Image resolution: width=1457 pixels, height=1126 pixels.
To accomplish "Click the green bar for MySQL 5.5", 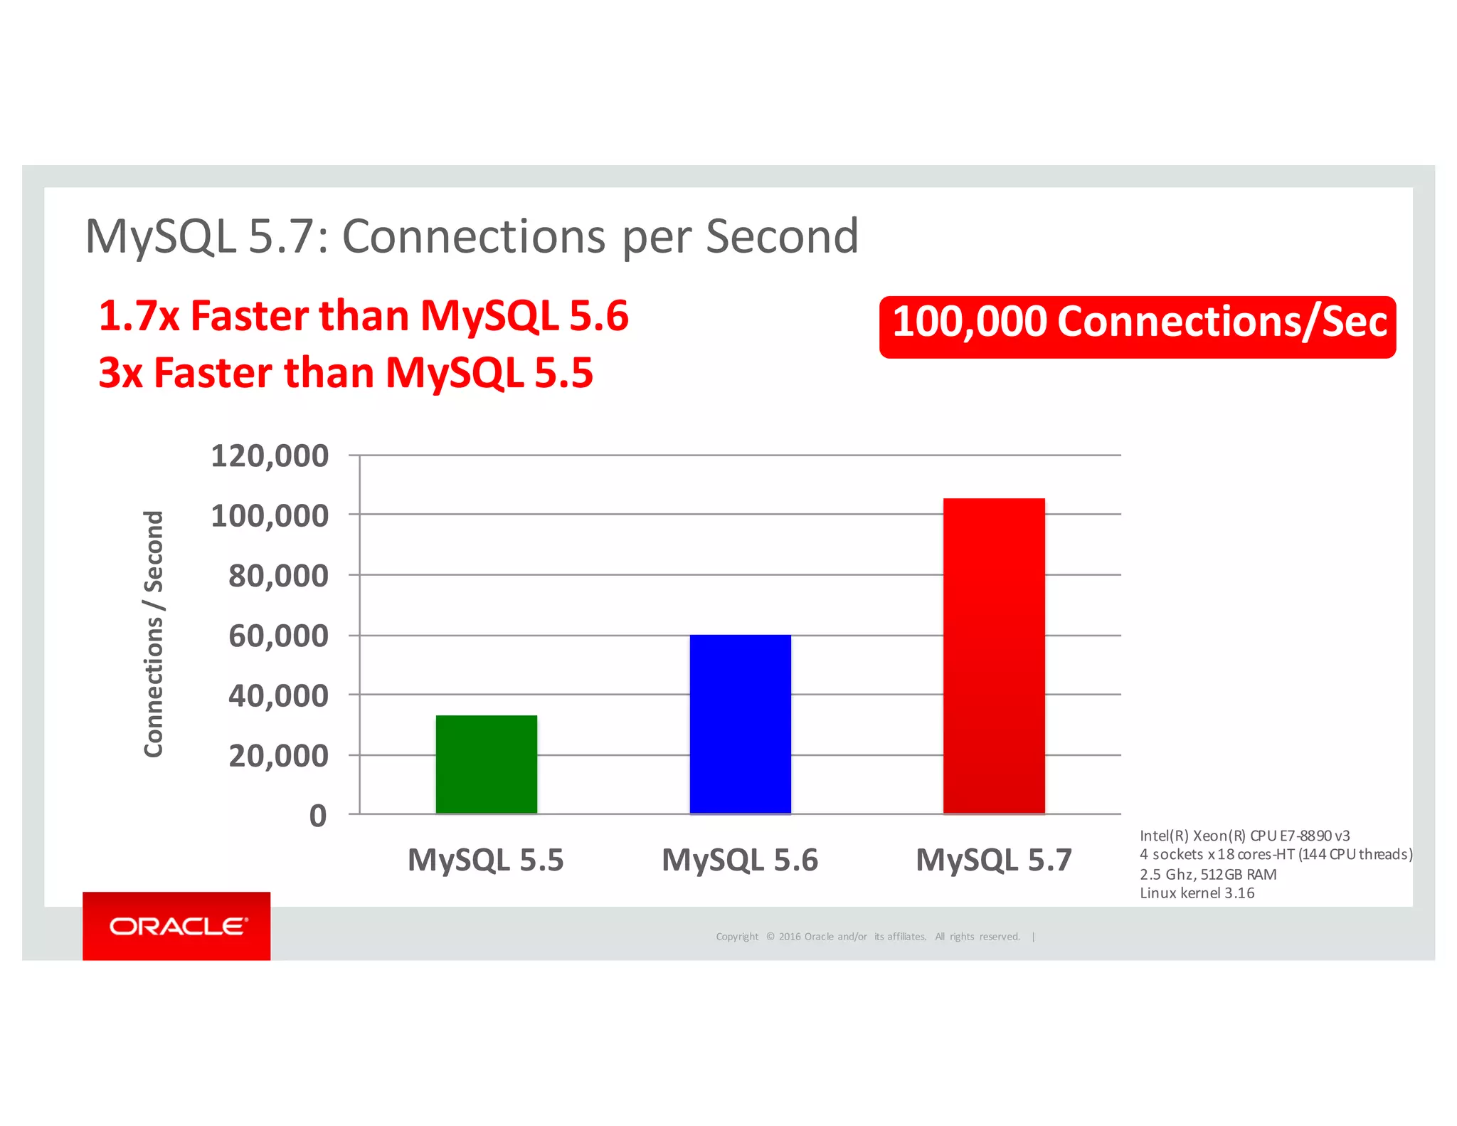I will pyautogui.click(x=486, y=764).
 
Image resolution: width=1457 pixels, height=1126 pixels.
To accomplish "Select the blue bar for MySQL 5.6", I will pyautogui.click(x=740, y=723).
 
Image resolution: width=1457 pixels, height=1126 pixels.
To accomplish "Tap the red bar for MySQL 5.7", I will pyautogui.click(x=994, y=656).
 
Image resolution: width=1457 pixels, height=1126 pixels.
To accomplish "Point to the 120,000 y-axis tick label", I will pyautogui.click(x=270, y=456).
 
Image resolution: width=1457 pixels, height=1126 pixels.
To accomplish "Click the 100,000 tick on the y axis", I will pyautogui.click(x=270, y=515).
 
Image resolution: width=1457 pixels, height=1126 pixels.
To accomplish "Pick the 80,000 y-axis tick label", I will pyautogui.click(x=278, y=575).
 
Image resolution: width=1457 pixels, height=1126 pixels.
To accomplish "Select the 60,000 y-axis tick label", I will pyautogui.click(x=278, y=635).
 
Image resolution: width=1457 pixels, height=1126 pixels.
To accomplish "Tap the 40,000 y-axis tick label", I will pyautogui.click(x=278, y=695).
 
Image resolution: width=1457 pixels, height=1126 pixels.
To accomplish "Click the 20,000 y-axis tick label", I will pyautogui.click(x=278, y=755).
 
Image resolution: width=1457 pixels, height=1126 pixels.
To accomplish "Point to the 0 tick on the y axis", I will pyautogui.click(x=318, y=816).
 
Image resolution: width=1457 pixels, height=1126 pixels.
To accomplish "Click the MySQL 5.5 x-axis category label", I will pyautogui.click(x=485, y=860).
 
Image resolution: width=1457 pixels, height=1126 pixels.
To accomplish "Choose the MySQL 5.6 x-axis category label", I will pyautogui.click(x=740, y=860).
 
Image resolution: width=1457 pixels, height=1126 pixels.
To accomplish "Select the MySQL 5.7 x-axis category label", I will pyautogui.click(x=993, y=860).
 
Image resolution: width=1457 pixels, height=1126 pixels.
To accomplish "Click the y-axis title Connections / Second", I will pyautogui.click(x=154, y=633).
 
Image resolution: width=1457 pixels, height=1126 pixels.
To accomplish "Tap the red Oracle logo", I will pyautogui.click(x=176, y=926).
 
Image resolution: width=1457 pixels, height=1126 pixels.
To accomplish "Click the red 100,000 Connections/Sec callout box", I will pyautogui.click(x=1137, y=327).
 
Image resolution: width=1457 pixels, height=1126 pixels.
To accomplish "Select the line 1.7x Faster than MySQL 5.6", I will pyautogui.click(x=364, y=316).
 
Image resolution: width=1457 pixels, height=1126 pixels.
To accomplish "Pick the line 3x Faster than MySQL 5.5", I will pyautogui.click(x=346, y=372).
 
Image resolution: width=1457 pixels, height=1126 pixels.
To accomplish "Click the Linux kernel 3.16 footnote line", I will pyautogui.click(x=1197, y=893).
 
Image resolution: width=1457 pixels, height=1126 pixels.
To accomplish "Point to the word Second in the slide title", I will pyautogui.click(x=782, y=236).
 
